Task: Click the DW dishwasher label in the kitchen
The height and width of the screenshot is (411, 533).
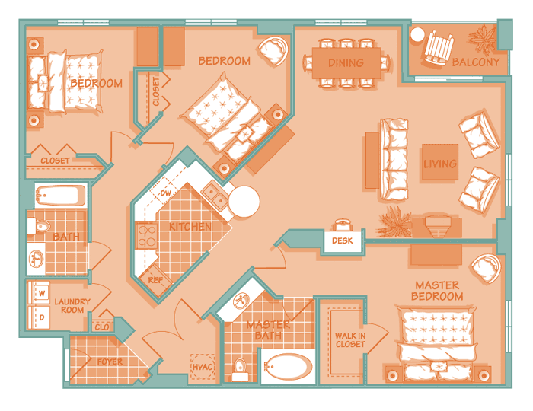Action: [165, 193]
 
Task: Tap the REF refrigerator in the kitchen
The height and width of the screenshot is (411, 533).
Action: [155, 279]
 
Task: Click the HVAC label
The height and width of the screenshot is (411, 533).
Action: [203, 367]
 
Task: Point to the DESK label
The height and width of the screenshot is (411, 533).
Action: [343, 241]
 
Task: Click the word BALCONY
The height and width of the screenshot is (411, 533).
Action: [476, 62]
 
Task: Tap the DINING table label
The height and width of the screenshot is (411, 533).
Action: [346, 63]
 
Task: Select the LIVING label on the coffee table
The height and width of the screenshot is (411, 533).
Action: [440, 164]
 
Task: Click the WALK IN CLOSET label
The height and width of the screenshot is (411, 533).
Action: [350, 340]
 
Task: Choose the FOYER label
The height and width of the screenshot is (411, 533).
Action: [110, 362]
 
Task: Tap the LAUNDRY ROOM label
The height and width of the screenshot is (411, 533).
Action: [72, 306]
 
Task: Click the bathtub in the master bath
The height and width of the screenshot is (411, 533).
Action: [288, 367]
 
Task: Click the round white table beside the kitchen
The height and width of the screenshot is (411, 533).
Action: [244, 202]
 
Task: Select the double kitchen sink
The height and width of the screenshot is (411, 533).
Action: [215, 196]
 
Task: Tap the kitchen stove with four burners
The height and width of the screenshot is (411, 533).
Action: [146, 236]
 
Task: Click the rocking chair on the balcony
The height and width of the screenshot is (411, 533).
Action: [439, 47]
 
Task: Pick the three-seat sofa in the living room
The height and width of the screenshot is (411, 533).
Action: [394, 159]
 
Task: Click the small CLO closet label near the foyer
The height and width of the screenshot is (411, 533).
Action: [101, 327]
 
